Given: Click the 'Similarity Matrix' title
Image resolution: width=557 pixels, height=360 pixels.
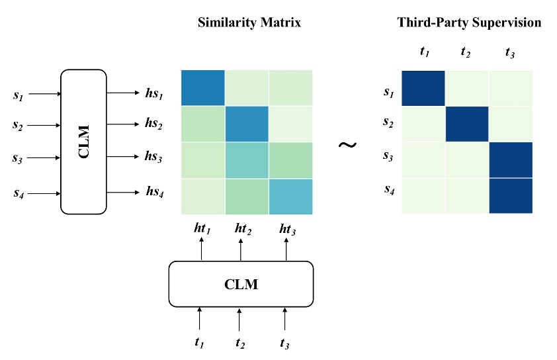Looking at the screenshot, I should [x=249, y=22].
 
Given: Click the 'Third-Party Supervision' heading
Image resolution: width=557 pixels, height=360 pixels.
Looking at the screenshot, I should [x=469, y=22].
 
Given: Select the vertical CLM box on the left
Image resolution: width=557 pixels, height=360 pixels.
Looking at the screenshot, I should [x=83, y=142].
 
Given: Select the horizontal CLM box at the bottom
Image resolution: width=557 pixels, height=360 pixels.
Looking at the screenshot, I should [x=240, y=285].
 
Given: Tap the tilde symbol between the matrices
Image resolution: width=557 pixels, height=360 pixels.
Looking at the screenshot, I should [x=348, y=144].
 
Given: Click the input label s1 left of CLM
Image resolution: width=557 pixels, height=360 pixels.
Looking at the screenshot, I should [x=18, y=94].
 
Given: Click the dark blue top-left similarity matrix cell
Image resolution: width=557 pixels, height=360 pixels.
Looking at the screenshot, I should [x=202, y=87].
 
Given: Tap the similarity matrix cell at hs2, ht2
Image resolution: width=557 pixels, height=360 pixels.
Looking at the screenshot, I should [x=247, y=123].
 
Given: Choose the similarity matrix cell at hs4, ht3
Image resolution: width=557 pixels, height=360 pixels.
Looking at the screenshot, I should [x=290, y=196].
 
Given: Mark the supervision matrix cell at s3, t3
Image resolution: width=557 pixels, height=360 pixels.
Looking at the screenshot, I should [x=511, y=159].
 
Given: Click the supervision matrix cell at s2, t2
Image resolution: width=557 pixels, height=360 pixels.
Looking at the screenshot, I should [x=467, y=124].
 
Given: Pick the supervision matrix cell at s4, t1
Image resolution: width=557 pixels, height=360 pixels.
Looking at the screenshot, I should [x=423, y=196].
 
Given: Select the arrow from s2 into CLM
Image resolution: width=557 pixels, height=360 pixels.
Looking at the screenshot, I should [x=44, y=124].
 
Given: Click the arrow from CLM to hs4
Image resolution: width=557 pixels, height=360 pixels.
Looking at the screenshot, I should [x=123, y=193].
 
